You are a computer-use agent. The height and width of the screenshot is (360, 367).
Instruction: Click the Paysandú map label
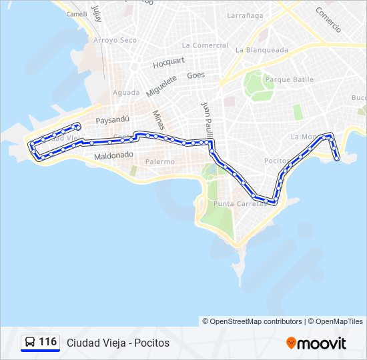[x=112, y=121]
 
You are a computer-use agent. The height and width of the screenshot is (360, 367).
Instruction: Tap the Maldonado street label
[x=114, y=155]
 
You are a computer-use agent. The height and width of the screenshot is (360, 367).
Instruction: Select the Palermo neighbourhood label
[x=159, y=161]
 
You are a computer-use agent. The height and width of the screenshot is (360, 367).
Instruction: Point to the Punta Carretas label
[x=240, y=203]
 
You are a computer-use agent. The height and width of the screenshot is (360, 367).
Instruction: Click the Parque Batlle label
[x=289, y=79]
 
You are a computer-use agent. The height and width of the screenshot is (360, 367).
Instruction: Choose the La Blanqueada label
[x=262, y=49]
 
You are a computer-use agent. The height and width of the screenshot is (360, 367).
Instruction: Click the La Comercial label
[x=205, y=45]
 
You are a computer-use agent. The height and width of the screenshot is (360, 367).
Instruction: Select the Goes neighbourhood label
[x=196, y=75]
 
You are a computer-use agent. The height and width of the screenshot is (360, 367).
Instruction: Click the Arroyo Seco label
[x=115, y=40]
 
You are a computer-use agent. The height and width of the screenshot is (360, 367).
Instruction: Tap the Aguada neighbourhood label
[x=127, y=92]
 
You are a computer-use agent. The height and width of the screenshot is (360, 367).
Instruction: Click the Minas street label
[x=157, y=120]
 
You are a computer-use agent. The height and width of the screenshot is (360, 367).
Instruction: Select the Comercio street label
[x=328, y=20]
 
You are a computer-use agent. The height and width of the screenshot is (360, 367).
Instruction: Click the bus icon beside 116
[x=30, y=343]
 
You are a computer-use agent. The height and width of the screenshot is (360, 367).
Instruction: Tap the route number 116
[x=47, y=342]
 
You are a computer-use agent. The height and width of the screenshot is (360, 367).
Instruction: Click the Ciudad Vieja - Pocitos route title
[x=118, y=343]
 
